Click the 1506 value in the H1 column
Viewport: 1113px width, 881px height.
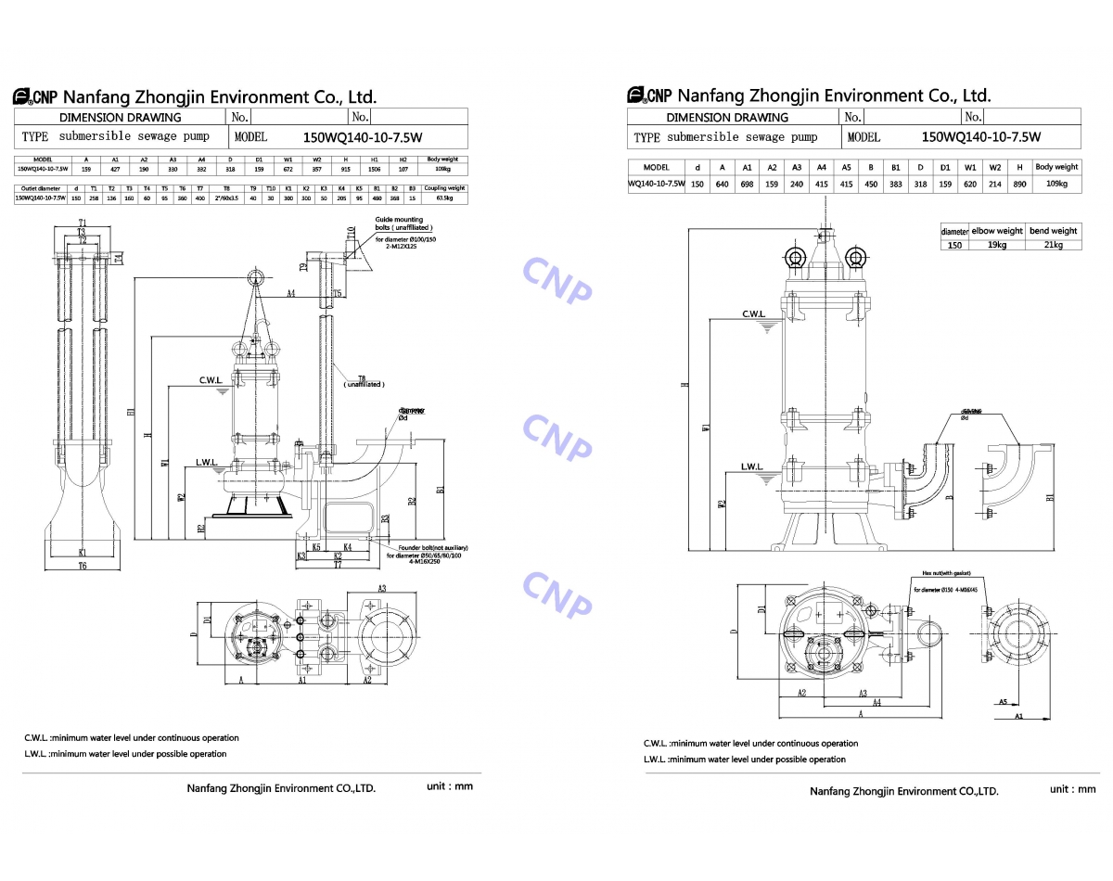375,170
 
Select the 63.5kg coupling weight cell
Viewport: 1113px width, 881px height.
443,198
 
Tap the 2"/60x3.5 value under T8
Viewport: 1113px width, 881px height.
226,198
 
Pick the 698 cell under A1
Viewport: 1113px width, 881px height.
747,184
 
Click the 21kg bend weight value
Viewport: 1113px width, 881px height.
1053,245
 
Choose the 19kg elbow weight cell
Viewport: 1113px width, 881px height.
997,245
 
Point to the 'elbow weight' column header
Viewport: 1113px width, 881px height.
997,231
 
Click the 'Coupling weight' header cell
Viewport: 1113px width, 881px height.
443,188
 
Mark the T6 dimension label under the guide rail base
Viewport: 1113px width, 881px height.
82,566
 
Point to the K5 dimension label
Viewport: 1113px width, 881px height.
316,547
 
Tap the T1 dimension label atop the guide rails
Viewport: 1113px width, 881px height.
82,222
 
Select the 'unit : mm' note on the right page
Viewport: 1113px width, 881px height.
1073,789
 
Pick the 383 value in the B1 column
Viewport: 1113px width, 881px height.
895,184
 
